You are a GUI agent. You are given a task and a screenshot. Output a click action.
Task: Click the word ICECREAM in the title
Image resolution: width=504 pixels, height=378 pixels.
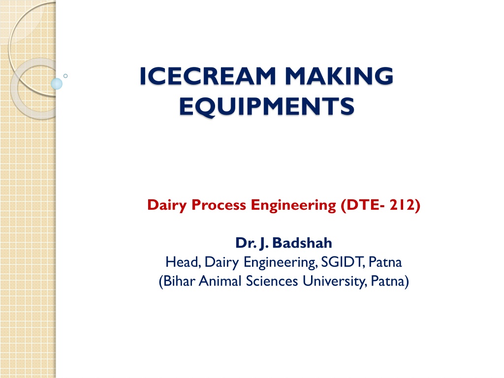click(x=208, y=76)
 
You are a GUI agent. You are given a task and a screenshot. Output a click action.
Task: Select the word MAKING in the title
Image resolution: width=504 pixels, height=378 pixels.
click(x=339, y=76)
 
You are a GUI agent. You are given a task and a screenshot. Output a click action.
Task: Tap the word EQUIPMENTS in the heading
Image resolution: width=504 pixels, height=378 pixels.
click(x=267, y=106)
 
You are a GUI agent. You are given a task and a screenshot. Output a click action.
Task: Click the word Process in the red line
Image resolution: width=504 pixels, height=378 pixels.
click(x=219, y=205)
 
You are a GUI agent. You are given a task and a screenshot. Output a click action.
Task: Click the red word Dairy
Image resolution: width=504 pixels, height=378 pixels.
click(x=167, y=205)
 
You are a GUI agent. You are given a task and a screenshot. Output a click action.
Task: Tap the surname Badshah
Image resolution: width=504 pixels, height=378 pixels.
click(x=302, y=243)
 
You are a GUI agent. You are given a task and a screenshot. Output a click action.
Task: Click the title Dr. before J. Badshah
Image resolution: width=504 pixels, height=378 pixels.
click(x=246, y=243)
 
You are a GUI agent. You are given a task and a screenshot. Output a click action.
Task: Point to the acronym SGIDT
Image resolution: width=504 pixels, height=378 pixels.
click(x=343, y=262)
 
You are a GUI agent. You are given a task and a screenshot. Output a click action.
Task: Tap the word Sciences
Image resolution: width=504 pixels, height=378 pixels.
click(x=272, y=281)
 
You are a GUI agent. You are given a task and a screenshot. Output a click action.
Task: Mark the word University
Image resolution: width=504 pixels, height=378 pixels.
click(x=334, y=282)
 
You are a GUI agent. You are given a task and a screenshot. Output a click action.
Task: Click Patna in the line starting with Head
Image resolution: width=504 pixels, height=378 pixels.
click(x=385, y=262)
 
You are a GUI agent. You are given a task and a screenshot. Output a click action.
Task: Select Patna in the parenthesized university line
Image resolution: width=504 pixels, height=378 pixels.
click(x=388, y=281)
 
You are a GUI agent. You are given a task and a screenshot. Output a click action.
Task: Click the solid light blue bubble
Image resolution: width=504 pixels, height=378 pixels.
click(x=57, y=84)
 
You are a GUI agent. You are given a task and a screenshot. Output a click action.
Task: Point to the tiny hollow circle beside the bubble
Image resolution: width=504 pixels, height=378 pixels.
click(x=65, y=76)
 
